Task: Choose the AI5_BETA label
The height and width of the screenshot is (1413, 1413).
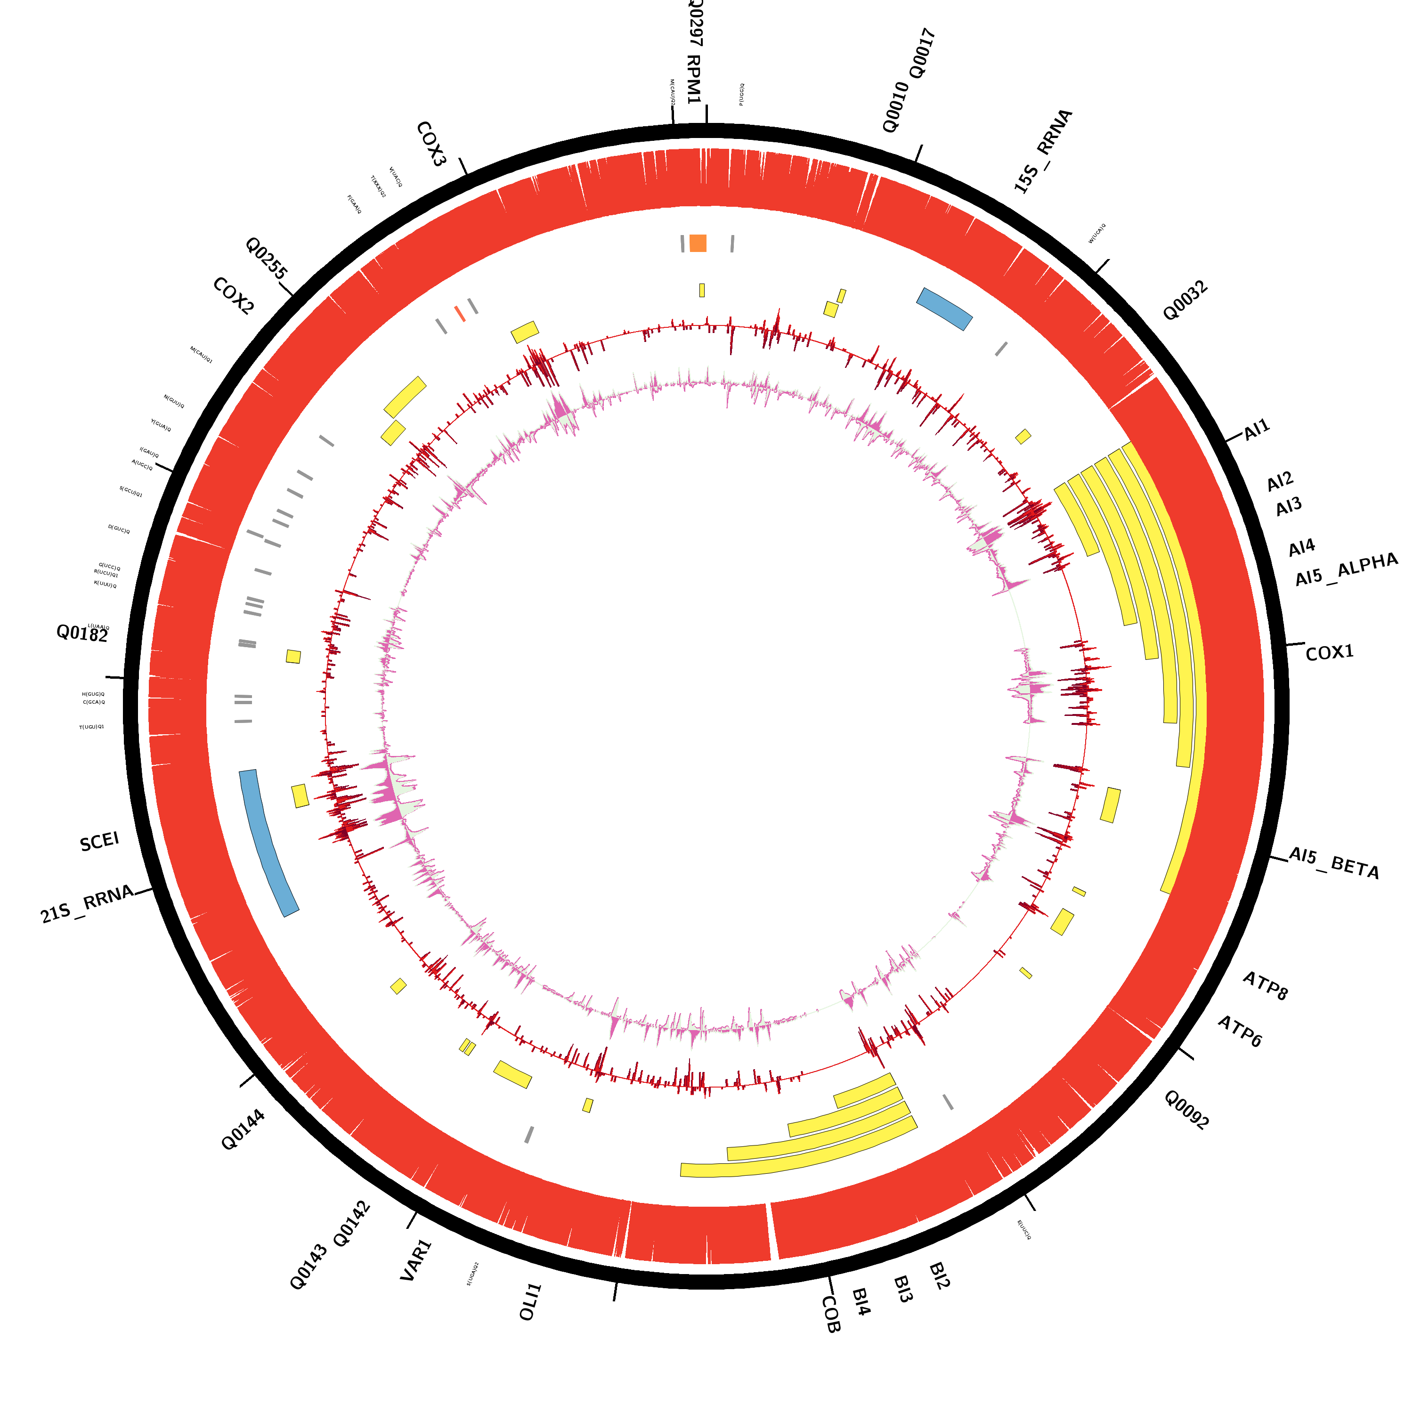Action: point(1333,864)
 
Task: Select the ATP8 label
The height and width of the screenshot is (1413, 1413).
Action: point(1265,986)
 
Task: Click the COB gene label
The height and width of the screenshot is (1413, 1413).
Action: point(831,1314)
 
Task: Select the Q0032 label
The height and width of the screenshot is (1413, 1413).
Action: point(1185,300)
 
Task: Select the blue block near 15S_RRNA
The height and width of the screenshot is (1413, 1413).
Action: point(944,309)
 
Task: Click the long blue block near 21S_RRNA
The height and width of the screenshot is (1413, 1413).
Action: point(268,843)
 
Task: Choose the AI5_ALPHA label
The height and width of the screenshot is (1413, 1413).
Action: point(1346,570)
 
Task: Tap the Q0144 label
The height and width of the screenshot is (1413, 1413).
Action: point(243,1130)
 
